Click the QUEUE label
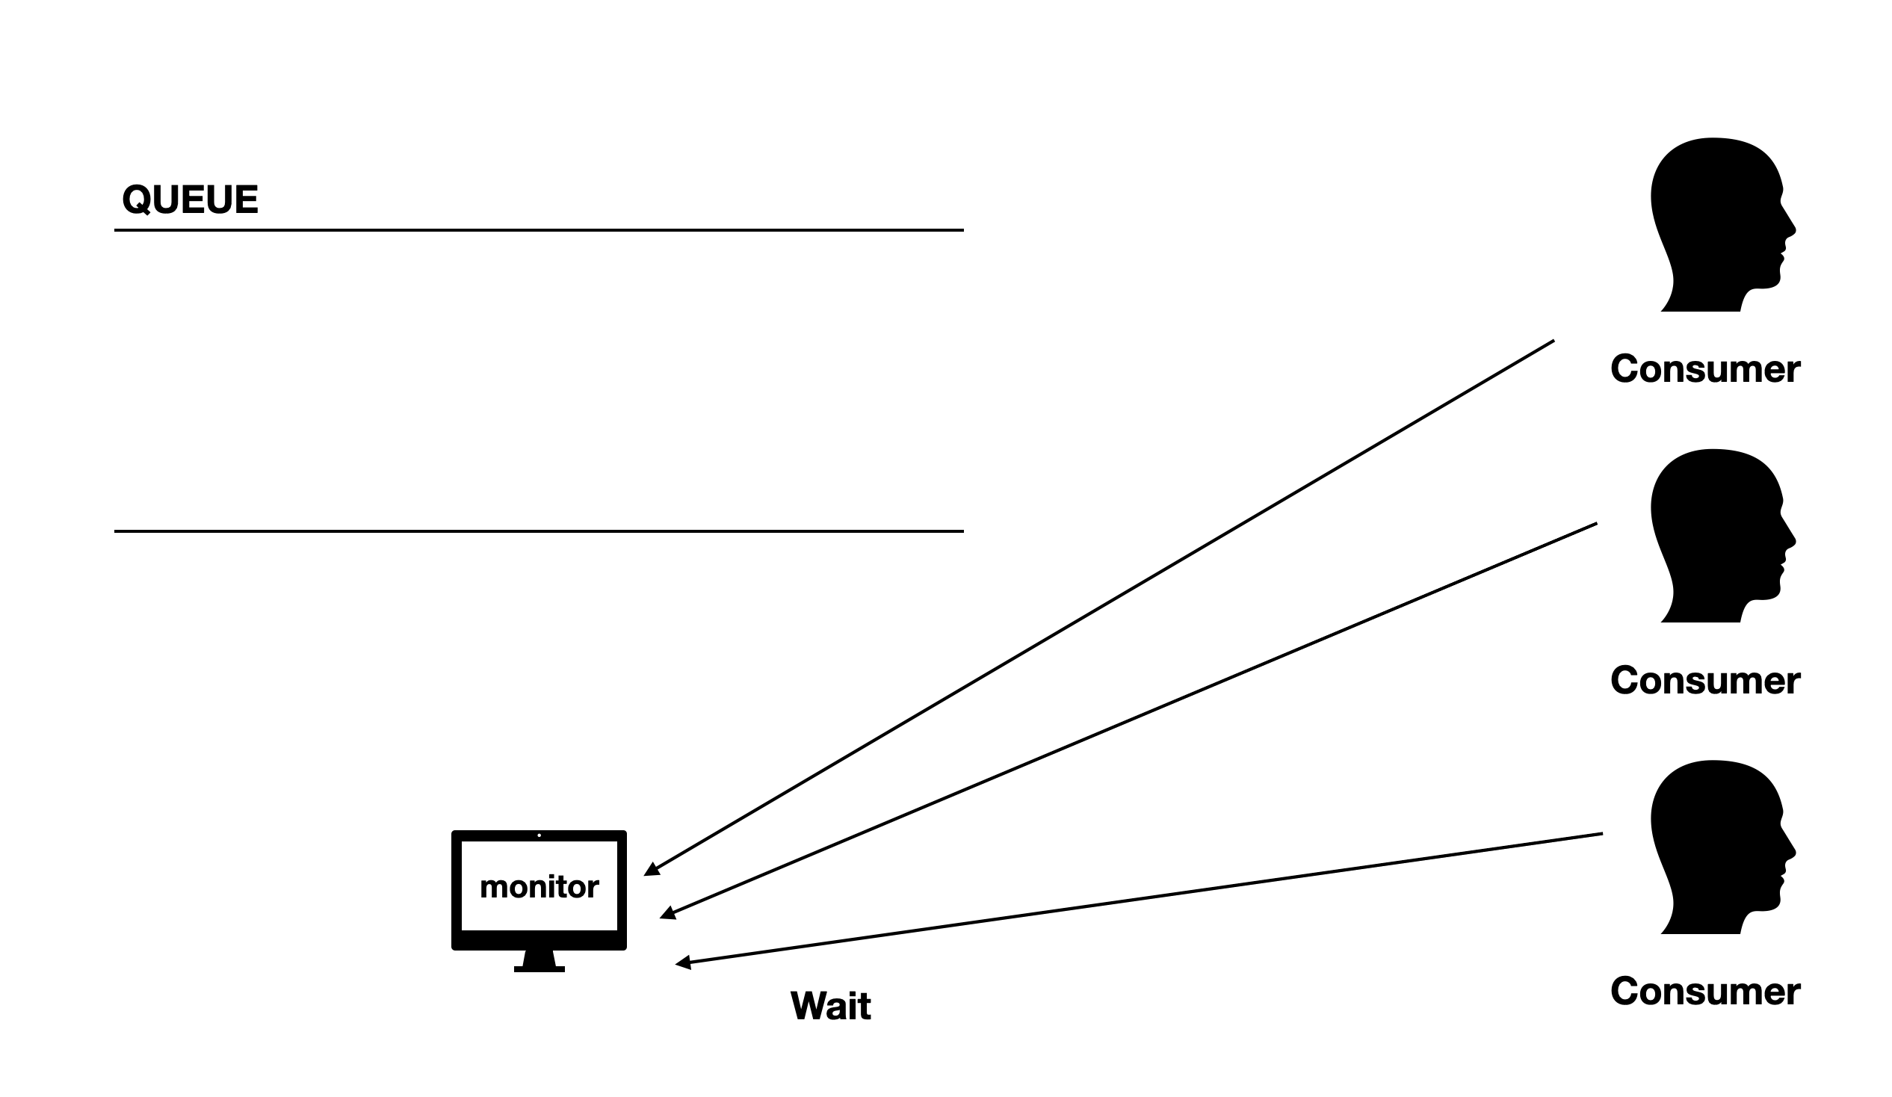point(190,200)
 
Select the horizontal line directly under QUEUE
point(538,230)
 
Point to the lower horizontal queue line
point(538,531)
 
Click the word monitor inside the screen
point(539,888)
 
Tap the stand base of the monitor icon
point(539,968)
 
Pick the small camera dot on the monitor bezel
point(539,835)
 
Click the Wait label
point(830,1006)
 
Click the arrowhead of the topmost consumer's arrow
point(652,871)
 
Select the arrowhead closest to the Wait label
point(682,962)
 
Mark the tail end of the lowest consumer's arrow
point(1601,833)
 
